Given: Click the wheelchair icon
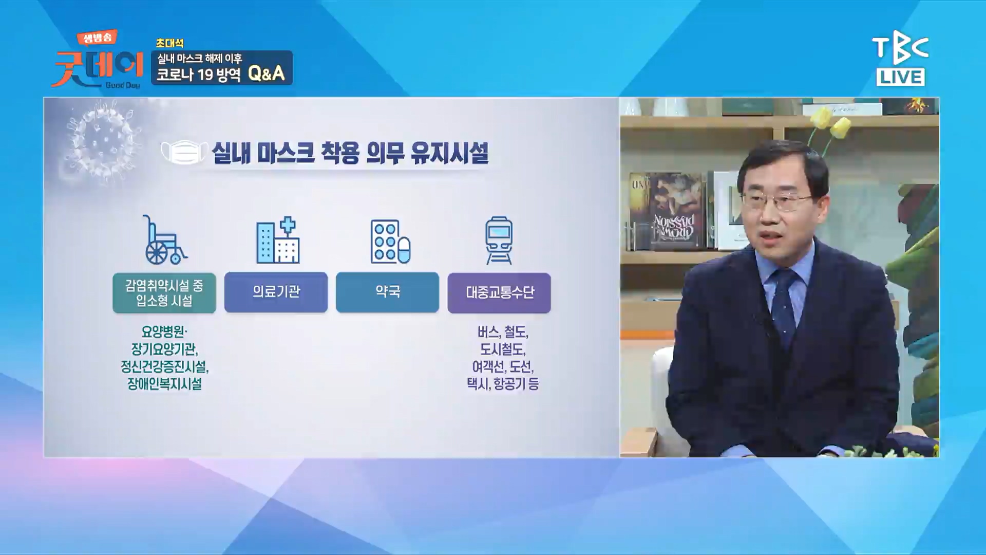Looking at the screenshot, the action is click(x=164, y=240).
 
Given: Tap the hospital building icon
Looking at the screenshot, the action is click(x=278, y=240).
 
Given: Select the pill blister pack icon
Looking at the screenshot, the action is click(x=390, y=242).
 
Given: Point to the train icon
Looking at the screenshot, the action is click(x=499, y=240).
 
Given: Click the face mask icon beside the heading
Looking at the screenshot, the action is click(x=183, y=153).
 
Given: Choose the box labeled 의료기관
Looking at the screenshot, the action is click(x=276, y=292).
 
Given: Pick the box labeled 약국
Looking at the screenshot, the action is click(x=387, y=292).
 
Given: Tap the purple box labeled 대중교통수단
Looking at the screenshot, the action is click(x=499, y=293).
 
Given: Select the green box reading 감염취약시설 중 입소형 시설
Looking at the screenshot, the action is click(x=164, y=293).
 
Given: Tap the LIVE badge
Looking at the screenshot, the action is click(x=901, y=77).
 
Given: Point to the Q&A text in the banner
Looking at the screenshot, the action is click(x=266, y=73).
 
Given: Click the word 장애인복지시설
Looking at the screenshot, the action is click(x=164, y=384).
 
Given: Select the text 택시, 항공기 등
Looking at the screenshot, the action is click(x=503, y=384).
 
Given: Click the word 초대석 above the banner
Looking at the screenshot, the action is click(x=170, y=43).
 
